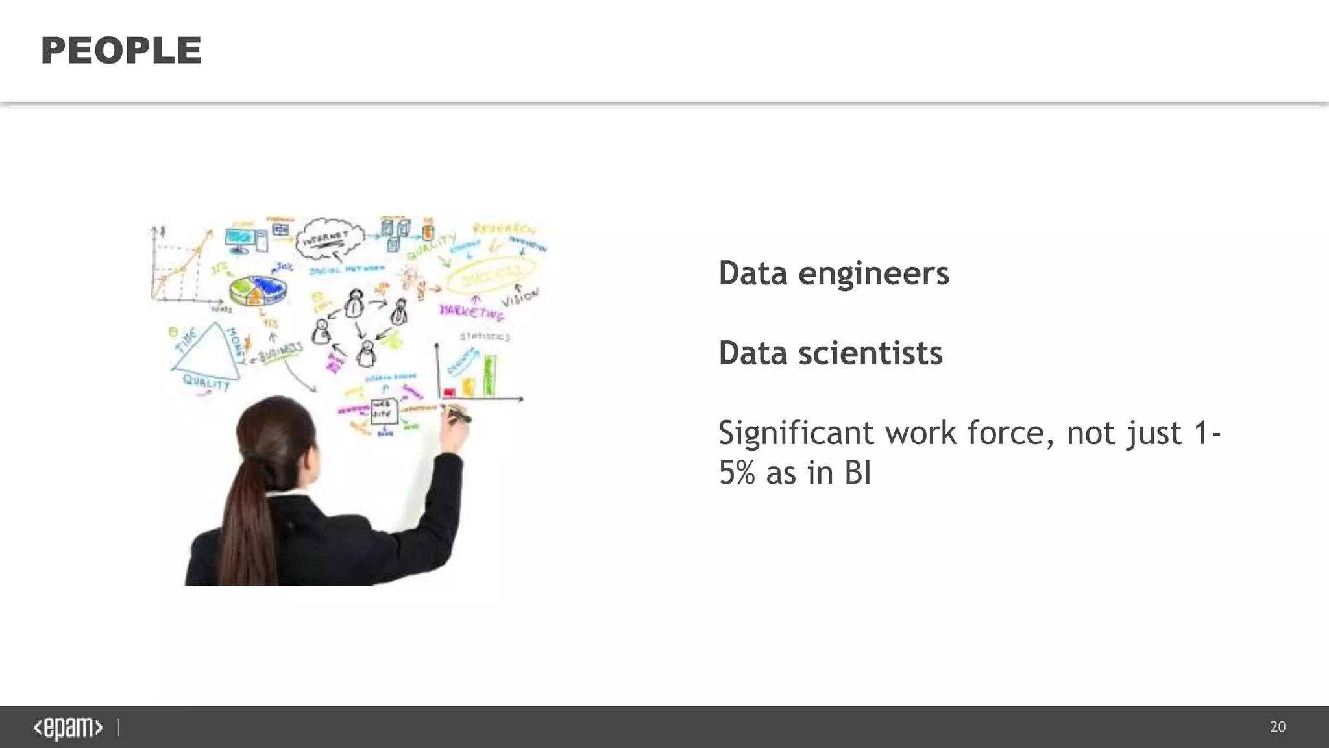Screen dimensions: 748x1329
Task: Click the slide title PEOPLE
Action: click(x=121, y=51)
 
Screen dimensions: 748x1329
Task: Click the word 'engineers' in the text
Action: click(x=873, y=273)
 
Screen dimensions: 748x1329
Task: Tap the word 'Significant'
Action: click(x=796, y=433)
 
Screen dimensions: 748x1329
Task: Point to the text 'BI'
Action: click(x=857, y=473)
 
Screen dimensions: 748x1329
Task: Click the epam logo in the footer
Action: click(x=68, y=727)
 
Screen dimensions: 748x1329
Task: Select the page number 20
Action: click(x=1277, y=727)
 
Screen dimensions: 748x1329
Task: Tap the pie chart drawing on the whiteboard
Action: click(x=258, y=290)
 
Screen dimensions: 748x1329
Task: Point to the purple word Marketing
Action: click(x=472, y=312)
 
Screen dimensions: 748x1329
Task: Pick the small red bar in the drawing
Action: click(x=448, y=392)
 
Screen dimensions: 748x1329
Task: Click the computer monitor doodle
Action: click(x=240, y=238)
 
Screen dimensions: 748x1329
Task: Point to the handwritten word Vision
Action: click(x=520, y=297)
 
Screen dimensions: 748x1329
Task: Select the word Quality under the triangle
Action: click(x=206, y=382)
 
